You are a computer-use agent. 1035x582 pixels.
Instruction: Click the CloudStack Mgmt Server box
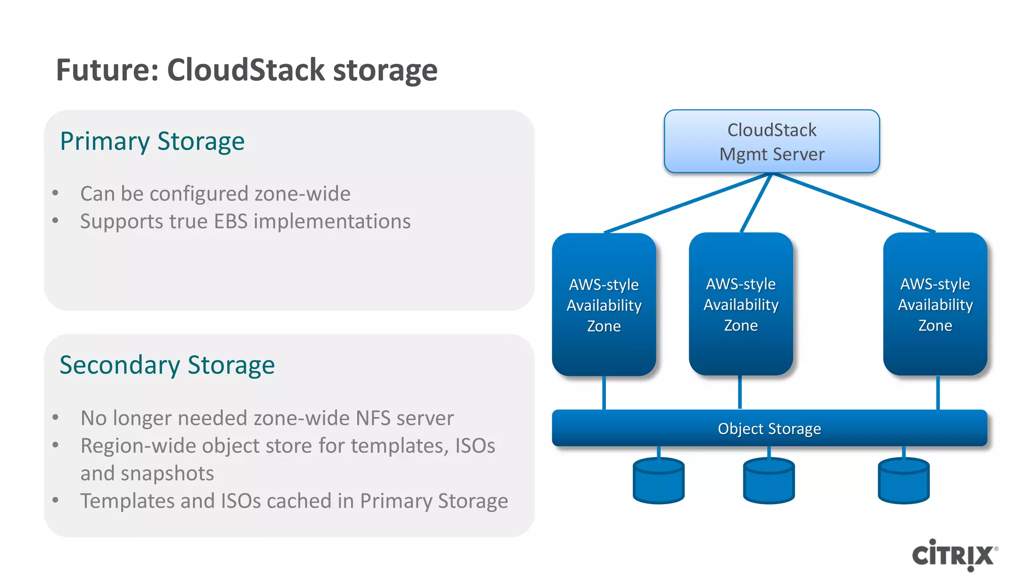(x=772, y=141)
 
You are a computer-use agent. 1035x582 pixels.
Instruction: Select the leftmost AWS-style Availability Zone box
(x=604, y=305)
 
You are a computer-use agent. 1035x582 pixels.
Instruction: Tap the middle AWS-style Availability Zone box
(x=741, y=304)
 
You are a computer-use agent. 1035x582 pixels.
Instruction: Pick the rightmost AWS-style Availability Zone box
(x=935, y=304)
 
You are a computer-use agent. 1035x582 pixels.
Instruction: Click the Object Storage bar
(x=769, y=428)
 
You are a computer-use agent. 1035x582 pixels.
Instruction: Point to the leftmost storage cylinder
(x=658, y=481)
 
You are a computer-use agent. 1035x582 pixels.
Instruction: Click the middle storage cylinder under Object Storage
(x=769, y=481)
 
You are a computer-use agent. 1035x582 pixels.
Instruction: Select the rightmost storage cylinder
(x=904, y=481)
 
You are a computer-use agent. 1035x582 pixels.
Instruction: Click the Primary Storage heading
(x=152, y=141)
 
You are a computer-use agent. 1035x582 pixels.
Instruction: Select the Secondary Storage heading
(x=167, y=365)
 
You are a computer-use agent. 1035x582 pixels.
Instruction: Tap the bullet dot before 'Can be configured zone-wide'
(x=56, y=193)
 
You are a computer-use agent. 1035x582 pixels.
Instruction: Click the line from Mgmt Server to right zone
(x=854, y=202)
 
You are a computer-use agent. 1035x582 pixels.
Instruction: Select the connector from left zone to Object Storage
(x=604, y=393)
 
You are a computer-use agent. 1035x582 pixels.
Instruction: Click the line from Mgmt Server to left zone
(x=687, y=203)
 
